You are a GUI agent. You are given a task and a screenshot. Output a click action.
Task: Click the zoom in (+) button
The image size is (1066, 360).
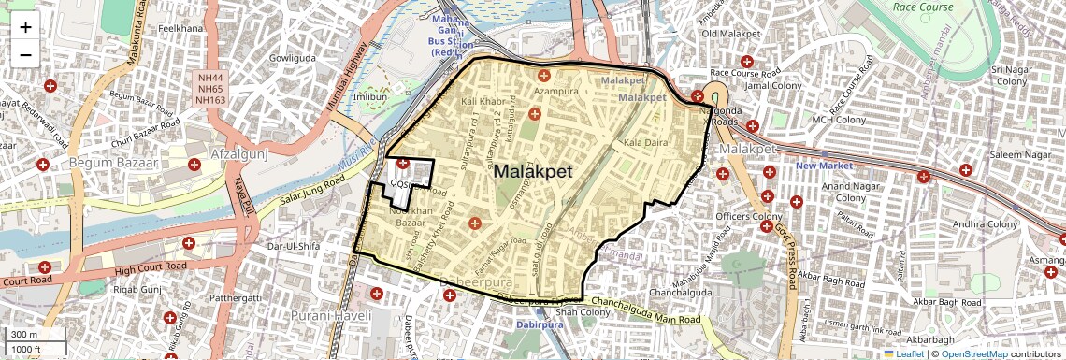(25, 27)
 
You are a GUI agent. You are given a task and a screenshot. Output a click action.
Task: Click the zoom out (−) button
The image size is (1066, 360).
(25, 55)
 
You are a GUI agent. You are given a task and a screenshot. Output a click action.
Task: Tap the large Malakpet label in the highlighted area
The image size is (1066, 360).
(534, 171)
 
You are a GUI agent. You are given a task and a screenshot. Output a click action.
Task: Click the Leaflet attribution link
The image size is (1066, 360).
(909, 353)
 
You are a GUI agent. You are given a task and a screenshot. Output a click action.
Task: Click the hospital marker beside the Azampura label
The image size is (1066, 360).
(543, 75)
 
